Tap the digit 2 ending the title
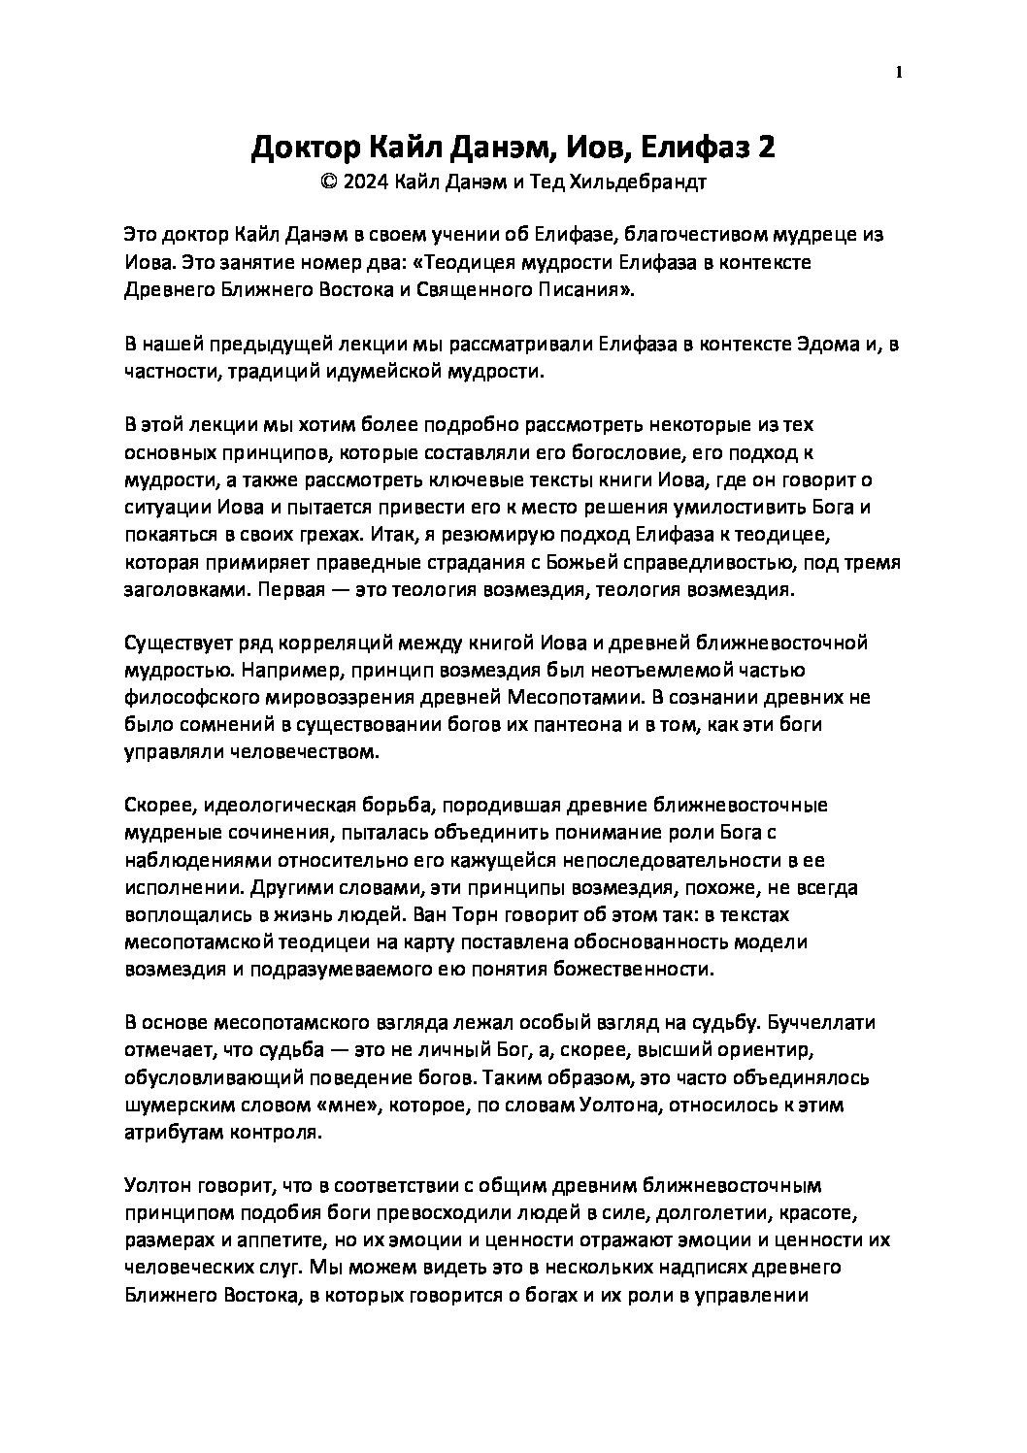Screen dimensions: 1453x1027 (x=767, y=148)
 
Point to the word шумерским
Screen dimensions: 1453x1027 (x=175, y=1105)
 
